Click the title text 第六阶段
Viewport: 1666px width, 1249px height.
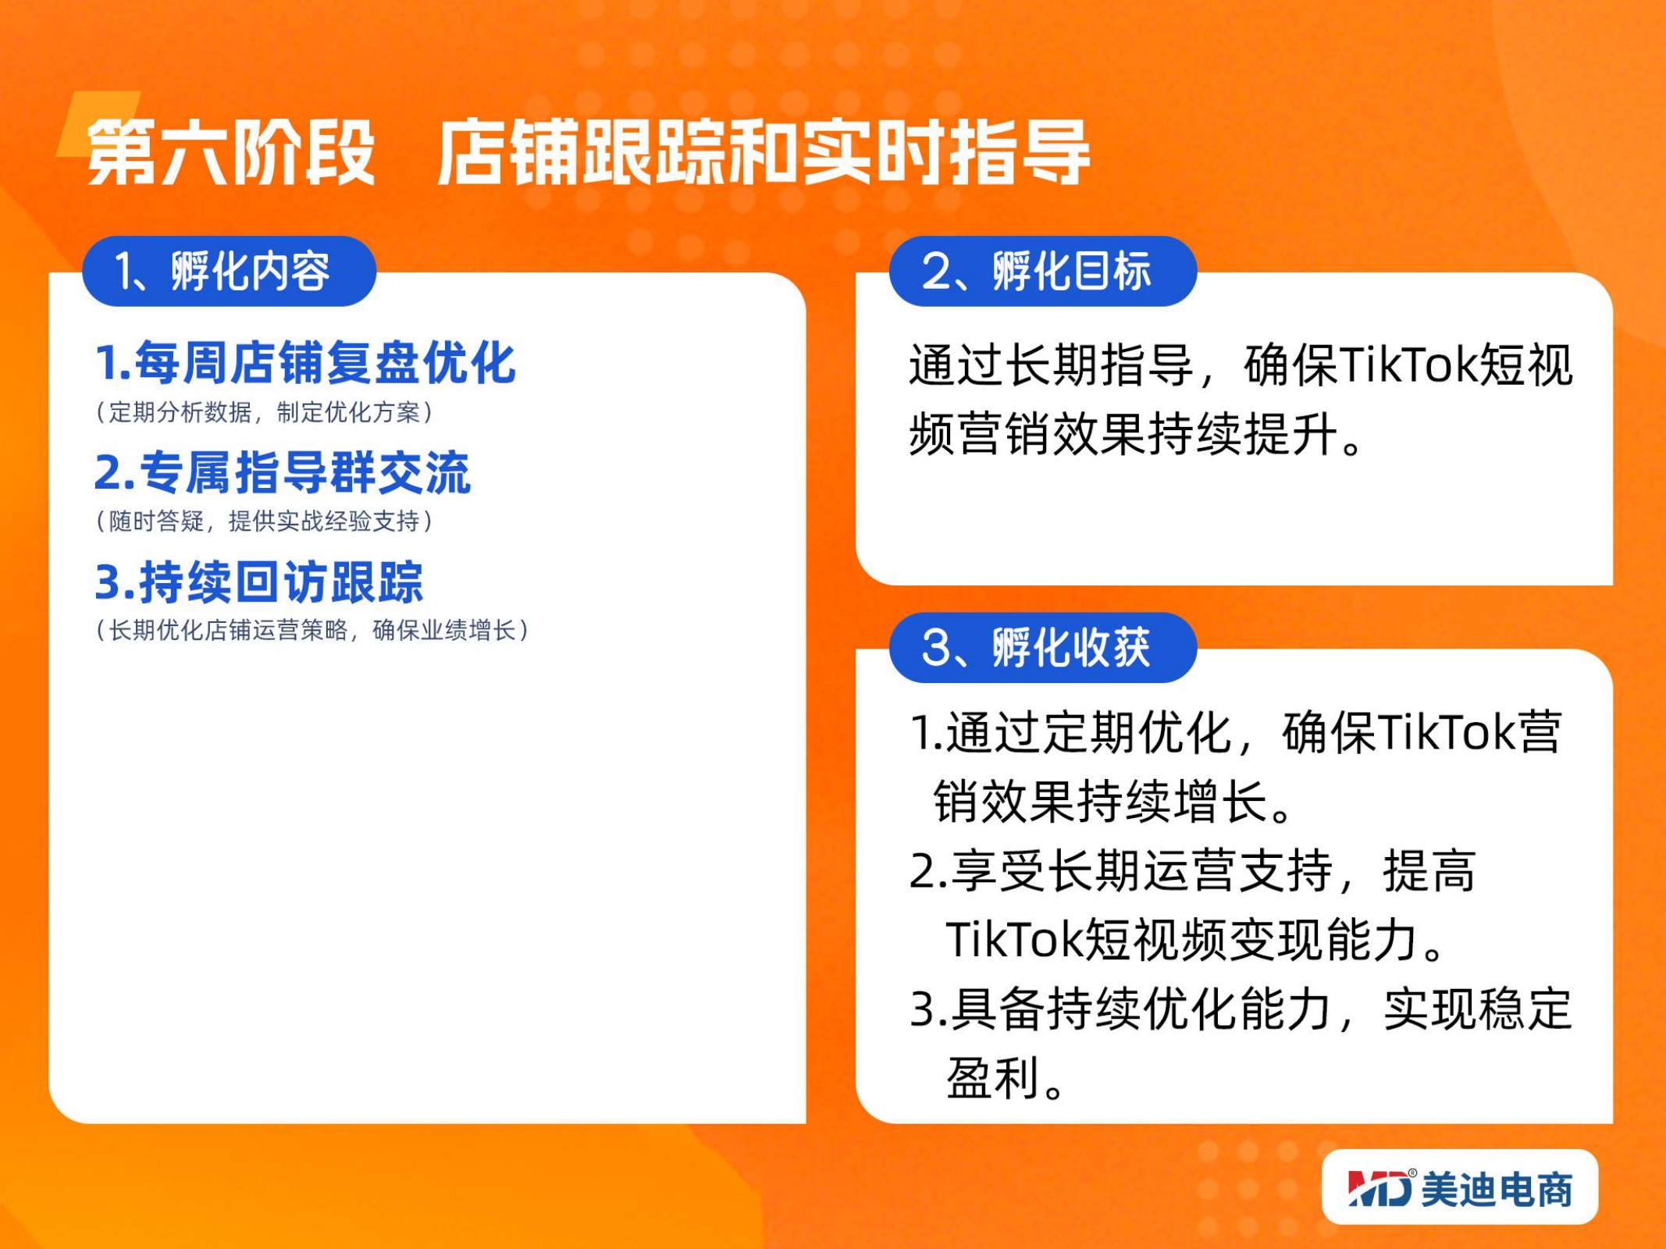(231, 153)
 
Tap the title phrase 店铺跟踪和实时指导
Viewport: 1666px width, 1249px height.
(763, 153)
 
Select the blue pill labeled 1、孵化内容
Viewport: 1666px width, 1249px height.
(230, 271)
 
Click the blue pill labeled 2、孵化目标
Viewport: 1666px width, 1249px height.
(1043, 271)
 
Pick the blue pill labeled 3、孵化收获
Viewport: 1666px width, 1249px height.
(1043, 647)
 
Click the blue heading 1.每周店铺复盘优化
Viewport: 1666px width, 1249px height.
(305, 363)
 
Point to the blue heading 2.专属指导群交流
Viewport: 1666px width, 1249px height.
(283, 472)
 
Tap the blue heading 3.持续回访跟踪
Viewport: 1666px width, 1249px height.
(259, 582)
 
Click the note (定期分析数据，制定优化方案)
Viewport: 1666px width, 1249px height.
(265, 412)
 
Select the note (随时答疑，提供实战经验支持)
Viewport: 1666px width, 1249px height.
(265, 521)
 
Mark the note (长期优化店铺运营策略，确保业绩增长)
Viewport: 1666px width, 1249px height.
(312, 630)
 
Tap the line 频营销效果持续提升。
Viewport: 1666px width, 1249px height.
(1136, 434)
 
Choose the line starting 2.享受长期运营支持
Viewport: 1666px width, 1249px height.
(1193, 870)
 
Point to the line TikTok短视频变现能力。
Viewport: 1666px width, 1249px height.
(1195, 939)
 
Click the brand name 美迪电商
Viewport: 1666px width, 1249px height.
(1497, 1190)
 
